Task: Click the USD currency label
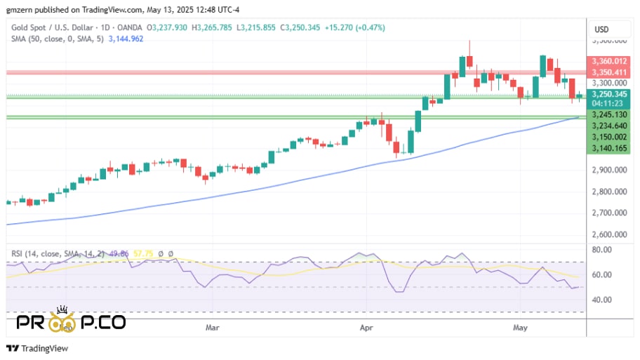(601, 29)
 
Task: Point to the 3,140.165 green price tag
(608, 148)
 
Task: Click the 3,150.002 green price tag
(608, 138)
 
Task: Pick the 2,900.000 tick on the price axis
(608, 170)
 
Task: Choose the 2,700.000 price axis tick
(608, 213)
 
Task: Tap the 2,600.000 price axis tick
(608, 235)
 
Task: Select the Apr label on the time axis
(365, 327)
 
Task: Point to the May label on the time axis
(519, 327)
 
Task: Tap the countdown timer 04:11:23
(608, 103)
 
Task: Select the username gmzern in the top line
(20, 10)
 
